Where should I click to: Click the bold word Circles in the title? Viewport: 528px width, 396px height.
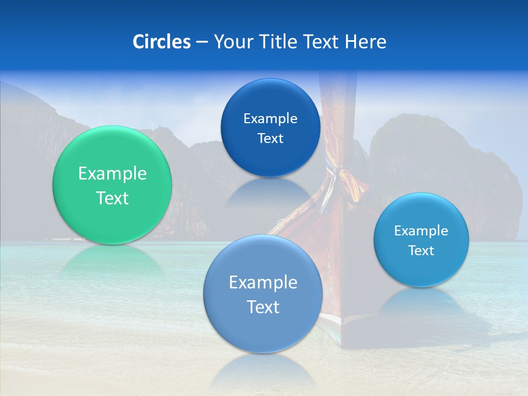click(161, 42)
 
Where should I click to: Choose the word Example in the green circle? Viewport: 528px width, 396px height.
click(112, 174)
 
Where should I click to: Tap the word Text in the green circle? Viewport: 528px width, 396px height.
click(112, 198)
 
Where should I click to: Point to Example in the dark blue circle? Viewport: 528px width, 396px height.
click(270, 119)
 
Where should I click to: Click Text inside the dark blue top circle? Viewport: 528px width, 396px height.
click(270, 139)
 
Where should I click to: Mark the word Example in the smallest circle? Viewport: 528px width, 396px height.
click(421, 231)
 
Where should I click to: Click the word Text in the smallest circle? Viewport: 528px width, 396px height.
click(421, 251)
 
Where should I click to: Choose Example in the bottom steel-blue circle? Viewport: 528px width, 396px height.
click(263, 283)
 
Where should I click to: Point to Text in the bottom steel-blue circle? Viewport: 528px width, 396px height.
click(263, 307)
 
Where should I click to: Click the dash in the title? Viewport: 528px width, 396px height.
click(202, 42)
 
